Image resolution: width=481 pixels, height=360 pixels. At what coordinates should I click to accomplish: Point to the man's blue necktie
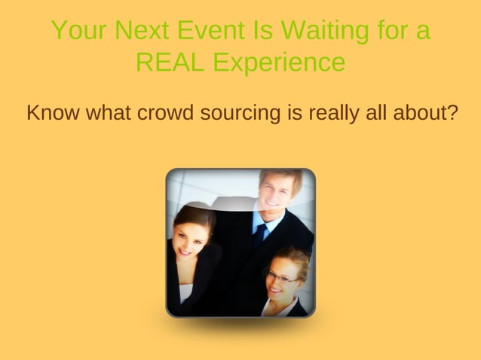pyautogui.click(x=259, y=235)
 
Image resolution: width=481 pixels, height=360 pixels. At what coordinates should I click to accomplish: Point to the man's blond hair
pyautogui.click(x=279, y=176)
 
